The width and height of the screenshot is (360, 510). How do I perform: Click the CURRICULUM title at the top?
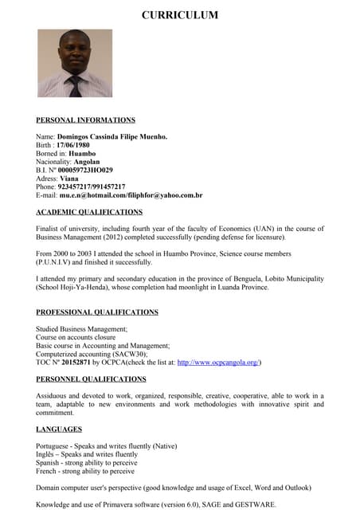point(179,15)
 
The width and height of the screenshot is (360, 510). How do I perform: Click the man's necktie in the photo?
point(76,85)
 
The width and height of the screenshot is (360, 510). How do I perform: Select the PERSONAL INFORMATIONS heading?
point(85,120)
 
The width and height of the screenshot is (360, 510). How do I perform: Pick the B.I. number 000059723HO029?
point(85,170)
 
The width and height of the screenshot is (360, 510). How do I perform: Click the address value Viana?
point(69,178)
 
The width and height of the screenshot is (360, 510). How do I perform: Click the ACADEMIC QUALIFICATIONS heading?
point(89,212)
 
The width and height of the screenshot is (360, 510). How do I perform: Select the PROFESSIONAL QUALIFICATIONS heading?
point(96,312)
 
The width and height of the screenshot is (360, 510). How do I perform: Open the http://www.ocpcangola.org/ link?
point(218,363)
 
